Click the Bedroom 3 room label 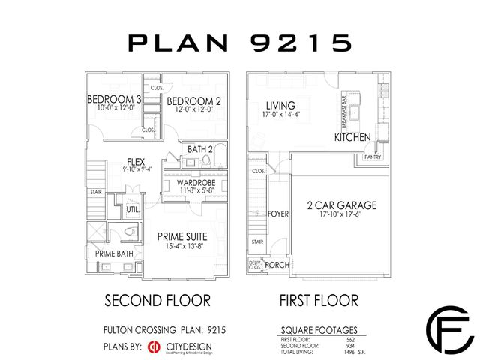(114, 100)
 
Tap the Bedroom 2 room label (193, 101)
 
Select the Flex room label (136, 160)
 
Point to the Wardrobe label (197, 183)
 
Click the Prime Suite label (182, 236)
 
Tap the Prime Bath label (114, 253)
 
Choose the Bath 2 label (200, 149)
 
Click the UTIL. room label (133, 210)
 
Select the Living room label (280, 105)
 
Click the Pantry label (373, 157)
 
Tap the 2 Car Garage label (341, 205)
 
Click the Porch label (277, 265)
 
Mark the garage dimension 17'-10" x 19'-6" (341, 216)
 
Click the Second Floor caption (157, 301)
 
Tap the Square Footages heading (318, 329)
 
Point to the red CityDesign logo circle (154, 346)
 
